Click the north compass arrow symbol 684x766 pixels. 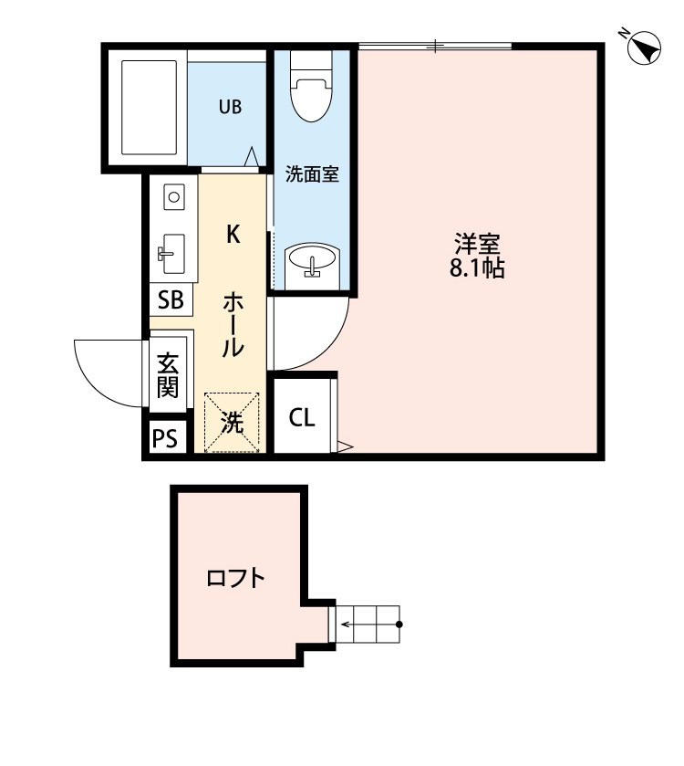[645, 48]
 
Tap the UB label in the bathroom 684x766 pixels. [229, 107]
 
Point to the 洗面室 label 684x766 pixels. [312, 173]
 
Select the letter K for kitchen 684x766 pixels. [233, 236]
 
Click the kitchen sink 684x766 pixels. [171, 253]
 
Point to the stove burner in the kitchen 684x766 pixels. [173, 195]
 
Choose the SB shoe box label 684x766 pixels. [171, 299]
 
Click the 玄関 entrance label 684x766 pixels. [168, 374]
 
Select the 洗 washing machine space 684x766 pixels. [233, 422]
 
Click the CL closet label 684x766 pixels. [303, 418]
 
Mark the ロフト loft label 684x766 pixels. [235, 578]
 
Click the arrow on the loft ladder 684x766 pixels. [347, 625]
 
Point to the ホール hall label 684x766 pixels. [233, 324]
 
